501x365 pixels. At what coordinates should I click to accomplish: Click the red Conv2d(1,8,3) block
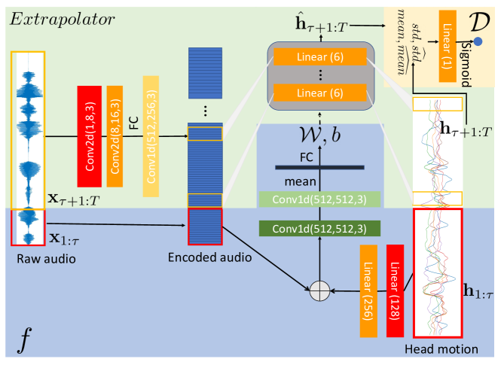90,136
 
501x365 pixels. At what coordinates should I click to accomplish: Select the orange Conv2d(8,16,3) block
115,136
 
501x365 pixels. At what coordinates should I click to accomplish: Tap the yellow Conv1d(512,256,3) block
151,136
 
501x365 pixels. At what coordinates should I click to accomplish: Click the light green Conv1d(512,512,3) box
319,199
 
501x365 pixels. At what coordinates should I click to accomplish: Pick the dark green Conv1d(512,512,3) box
319,229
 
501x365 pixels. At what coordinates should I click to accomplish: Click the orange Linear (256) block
368,290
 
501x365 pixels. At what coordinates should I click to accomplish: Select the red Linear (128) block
395,290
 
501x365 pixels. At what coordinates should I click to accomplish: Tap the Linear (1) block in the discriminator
448,46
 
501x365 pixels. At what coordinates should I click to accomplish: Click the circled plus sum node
319,290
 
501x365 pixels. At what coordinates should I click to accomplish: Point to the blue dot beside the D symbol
478,41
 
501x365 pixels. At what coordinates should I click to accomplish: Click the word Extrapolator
62,20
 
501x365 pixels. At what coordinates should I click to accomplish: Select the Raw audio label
46,259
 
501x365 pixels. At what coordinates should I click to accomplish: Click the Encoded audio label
209,257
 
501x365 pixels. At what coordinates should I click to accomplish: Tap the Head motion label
441,349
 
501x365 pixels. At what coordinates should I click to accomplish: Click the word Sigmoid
467,63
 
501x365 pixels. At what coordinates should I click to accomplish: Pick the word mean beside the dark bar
300,182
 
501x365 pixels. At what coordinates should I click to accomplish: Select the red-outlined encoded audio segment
205,227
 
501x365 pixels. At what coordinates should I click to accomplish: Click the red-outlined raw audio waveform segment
28,227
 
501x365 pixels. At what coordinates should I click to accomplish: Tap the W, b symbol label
320,135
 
